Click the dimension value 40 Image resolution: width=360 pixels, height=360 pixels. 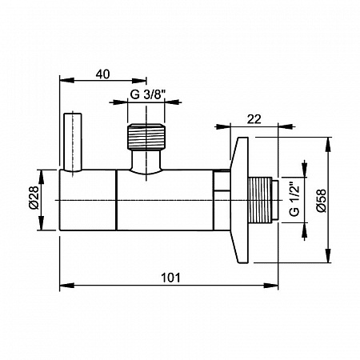click(x=102, y=74)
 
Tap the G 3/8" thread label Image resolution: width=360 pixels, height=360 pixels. click(x=148, y=94)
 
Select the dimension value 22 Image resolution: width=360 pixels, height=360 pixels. click(x=254, y=119)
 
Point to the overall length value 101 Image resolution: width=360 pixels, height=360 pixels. click(x=170, y=278)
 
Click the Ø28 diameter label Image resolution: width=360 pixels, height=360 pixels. click(x=34, y=198)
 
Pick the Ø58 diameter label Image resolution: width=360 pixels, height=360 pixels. click(x=322, y=201)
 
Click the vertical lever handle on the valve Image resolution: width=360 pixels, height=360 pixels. click(x=73, y=142)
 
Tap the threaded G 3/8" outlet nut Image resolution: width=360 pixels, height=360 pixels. click(x=146, y=137)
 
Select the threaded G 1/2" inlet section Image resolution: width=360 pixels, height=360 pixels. click(x=260, y=200)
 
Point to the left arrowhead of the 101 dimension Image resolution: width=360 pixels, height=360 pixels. click(x=66, y=286)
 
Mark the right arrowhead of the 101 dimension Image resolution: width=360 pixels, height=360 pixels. click(x=271, y=286)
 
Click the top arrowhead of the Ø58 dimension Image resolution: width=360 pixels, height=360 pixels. click(x=328, y=144)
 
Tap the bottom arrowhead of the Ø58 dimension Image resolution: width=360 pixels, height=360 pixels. click(x=328, y=256)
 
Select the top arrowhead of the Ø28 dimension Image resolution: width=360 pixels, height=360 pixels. click(x=41, y=177)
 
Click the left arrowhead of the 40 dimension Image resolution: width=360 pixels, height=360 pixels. click(x=66, y=80)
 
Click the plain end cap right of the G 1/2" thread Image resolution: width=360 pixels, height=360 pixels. click(x=275, y=200)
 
